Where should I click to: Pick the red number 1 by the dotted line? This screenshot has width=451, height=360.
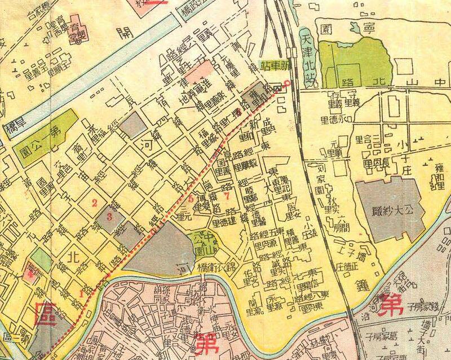82,293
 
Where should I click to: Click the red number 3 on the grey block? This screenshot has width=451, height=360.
110,216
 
